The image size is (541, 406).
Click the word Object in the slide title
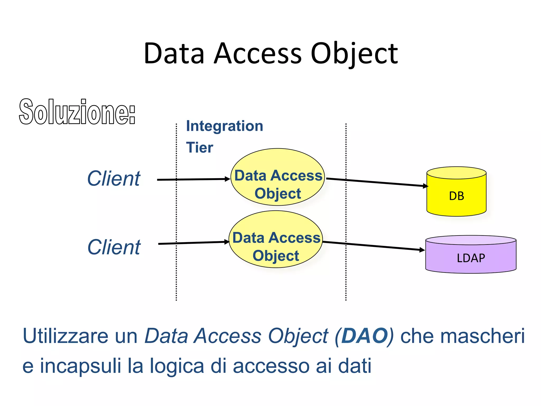[x=354, y=54]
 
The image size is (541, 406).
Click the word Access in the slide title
[x=258, y=54]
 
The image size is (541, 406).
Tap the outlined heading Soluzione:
[x=77, y=112]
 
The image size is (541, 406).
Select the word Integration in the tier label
[x=225, y=126]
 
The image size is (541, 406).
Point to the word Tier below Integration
[x=199, y=147]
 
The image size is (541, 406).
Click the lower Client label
[x=114, y=247]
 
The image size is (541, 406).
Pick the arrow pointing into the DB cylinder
[x=378, y=182]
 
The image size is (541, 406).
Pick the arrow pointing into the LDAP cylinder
[x=375, y=246]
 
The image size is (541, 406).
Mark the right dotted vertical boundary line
[x=346, y=278]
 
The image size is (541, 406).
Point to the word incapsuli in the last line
[x=80, y=366]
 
